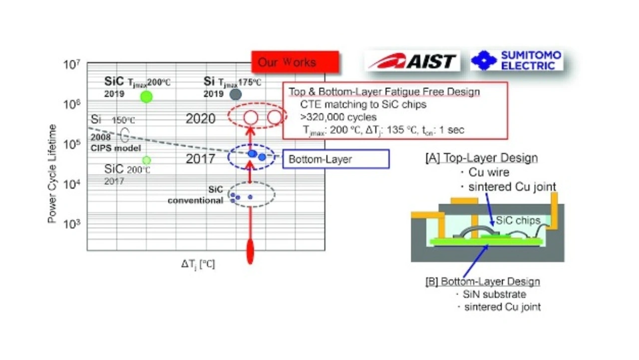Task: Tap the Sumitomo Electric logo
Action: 517,60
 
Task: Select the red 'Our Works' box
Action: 295,62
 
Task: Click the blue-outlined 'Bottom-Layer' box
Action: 335,159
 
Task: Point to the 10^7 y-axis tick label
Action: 72,64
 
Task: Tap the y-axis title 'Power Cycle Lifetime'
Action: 52,174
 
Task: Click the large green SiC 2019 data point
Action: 146,96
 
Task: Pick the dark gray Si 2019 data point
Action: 235,94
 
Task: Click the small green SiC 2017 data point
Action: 146,160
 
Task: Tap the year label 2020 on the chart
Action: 201,119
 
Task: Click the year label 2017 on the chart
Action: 201,159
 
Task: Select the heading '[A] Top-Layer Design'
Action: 481,158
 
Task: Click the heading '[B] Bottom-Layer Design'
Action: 482,282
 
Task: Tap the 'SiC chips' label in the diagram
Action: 514,218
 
